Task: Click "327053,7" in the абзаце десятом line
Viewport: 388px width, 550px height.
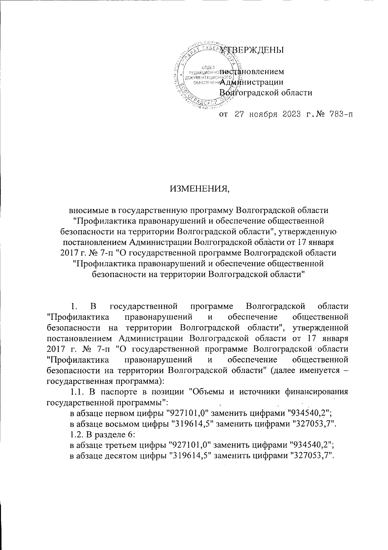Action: pyautogui.click(x=312, y=455)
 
